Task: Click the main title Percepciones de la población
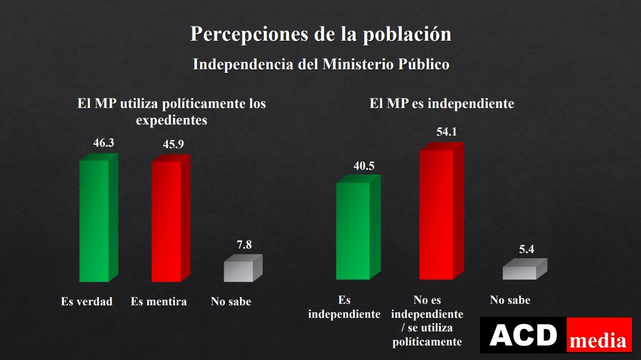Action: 320,34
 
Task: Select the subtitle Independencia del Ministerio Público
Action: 320,64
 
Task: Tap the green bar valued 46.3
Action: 94,221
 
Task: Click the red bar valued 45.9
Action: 167,221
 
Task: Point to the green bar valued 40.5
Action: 353,231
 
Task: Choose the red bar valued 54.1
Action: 437,214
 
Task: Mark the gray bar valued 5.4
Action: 520,272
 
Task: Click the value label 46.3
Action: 103,143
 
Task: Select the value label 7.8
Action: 244,245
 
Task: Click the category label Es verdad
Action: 86,302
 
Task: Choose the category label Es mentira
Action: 159,302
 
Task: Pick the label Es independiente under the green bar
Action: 344,307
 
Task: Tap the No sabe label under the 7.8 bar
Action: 231,302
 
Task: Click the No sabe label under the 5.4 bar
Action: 510,300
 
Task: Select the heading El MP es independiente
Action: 442,103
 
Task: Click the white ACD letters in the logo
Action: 523,335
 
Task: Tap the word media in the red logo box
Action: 598,341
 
